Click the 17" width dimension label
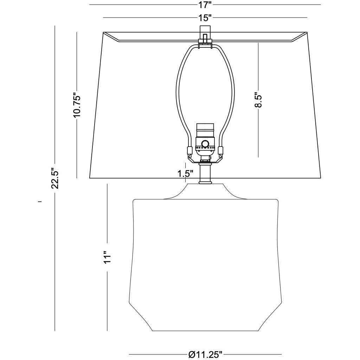click(205, 5)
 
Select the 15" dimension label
click(205, 18)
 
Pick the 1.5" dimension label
click(185, 174)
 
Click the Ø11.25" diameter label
click(205, 355)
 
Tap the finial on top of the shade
click(205, 34)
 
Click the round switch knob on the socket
click(205, 144)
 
